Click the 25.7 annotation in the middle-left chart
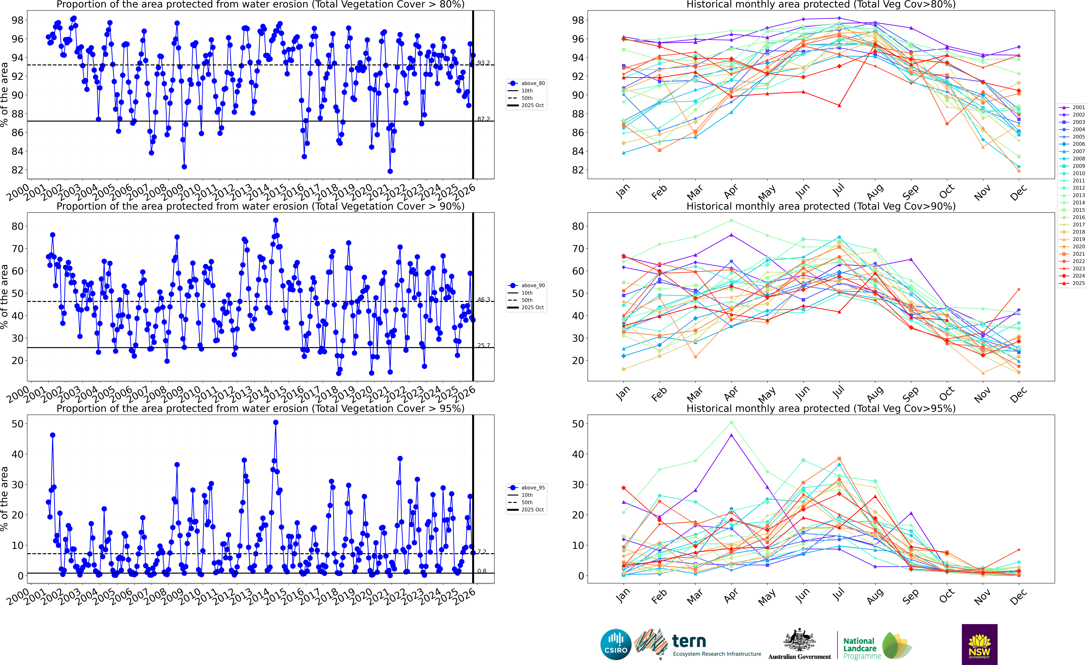(x=484, y=345)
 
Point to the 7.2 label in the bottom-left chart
(x=482, y=552)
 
